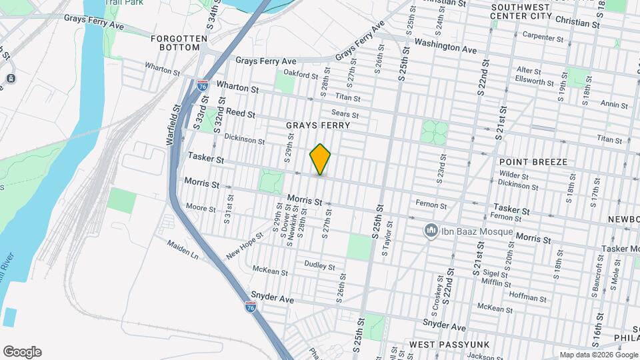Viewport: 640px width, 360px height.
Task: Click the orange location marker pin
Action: click(x=321, y=159)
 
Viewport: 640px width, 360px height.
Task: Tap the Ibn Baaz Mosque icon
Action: click(x=431, y=231)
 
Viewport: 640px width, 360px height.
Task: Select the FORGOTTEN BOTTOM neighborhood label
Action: click(x=175, y=43)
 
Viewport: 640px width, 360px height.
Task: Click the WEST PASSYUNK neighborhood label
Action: click(x=449, y=344)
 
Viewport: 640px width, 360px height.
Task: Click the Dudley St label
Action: click(x=319, y=265)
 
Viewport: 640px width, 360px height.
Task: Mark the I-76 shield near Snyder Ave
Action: click(x=250, y=307)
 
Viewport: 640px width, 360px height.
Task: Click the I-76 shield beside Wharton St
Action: click(x=202, y=85)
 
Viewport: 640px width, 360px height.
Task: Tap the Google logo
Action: click(x=22, y=352)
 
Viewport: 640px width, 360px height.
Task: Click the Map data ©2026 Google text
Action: click(x=598, y=355)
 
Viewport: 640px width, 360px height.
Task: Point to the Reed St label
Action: click(x=240, y=113)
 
